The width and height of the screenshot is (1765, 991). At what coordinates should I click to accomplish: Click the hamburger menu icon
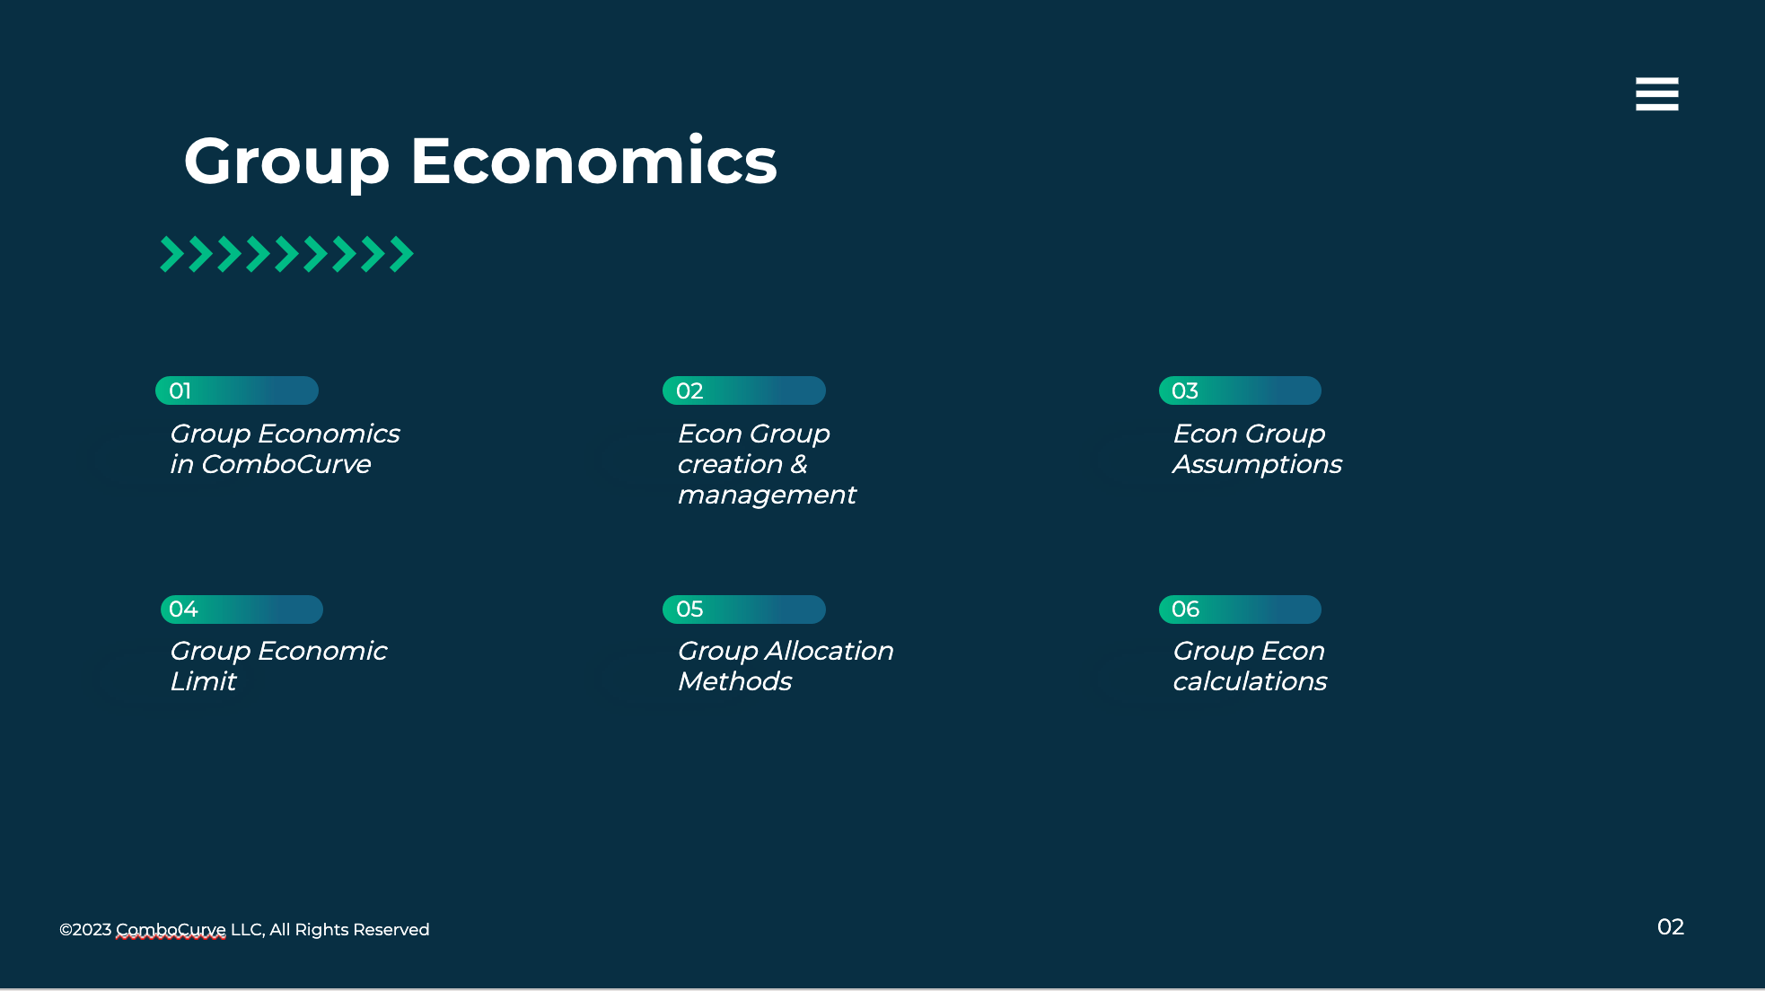tap(1656, 94)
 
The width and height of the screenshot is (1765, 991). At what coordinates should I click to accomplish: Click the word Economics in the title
tap(593, 162)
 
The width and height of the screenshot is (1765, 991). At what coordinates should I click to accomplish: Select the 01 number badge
tap(237, 390)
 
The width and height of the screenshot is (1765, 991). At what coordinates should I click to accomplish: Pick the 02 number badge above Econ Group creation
tap(744, 390)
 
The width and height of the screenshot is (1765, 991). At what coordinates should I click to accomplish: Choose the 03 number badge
tap(1240, 390)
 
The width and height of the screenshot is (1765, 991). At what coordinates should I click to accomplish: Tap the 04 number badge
tap(241, 610)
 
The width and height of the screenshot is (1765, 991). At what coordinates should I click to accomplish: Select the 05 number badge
tap(744, 610)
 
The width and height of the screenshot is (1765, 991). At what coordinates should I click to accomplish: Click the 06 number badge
tap(1240, 610)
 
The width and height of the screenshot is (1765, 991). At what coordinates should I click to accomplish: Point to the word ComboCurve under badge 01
tap(286, 464)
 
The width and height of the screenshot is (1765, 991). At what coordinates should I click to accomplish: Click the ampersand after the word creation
tap(799, 464)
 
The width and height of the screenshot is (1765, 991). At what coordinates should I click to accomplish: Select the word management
tap(767, 495)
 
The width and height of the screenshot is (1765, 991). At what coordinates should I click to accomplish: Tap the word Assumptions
tap(1257, 465)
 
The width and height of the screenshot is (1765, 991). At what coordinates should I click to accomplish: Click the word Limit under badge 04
tap(204, 681)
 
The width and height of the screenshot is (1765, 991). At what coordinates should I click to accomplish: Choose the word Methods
tap(735, 681)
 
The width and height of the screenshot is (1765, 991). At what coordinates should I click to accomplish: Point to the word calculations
tap(1250, 681)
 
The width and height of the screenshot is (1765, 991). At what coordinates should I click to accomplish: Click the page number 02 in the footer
tap(1671, 927)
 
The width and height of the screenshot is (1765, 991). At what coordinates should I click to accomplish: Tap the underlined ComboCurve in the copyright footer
tap(171, 930)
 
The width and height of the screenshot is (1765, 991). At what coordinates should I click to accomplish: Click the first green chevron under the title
tap(172, 254)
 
